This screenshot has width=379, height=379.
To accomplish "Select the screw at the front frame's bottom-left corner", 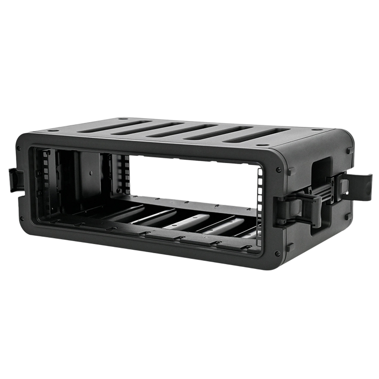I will click(22, 217).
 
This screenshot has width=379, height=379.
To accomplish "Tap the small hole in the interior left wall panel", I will click(91, 172).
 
